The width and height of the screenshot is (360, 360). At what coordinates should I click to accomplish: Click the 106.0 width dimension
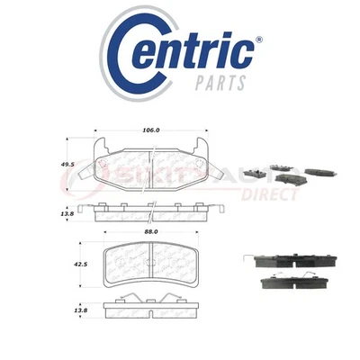[x=149, y=129]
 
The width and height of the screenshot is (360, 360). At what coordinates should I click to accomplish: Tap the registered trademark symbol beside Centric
[x=259, y=40]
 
